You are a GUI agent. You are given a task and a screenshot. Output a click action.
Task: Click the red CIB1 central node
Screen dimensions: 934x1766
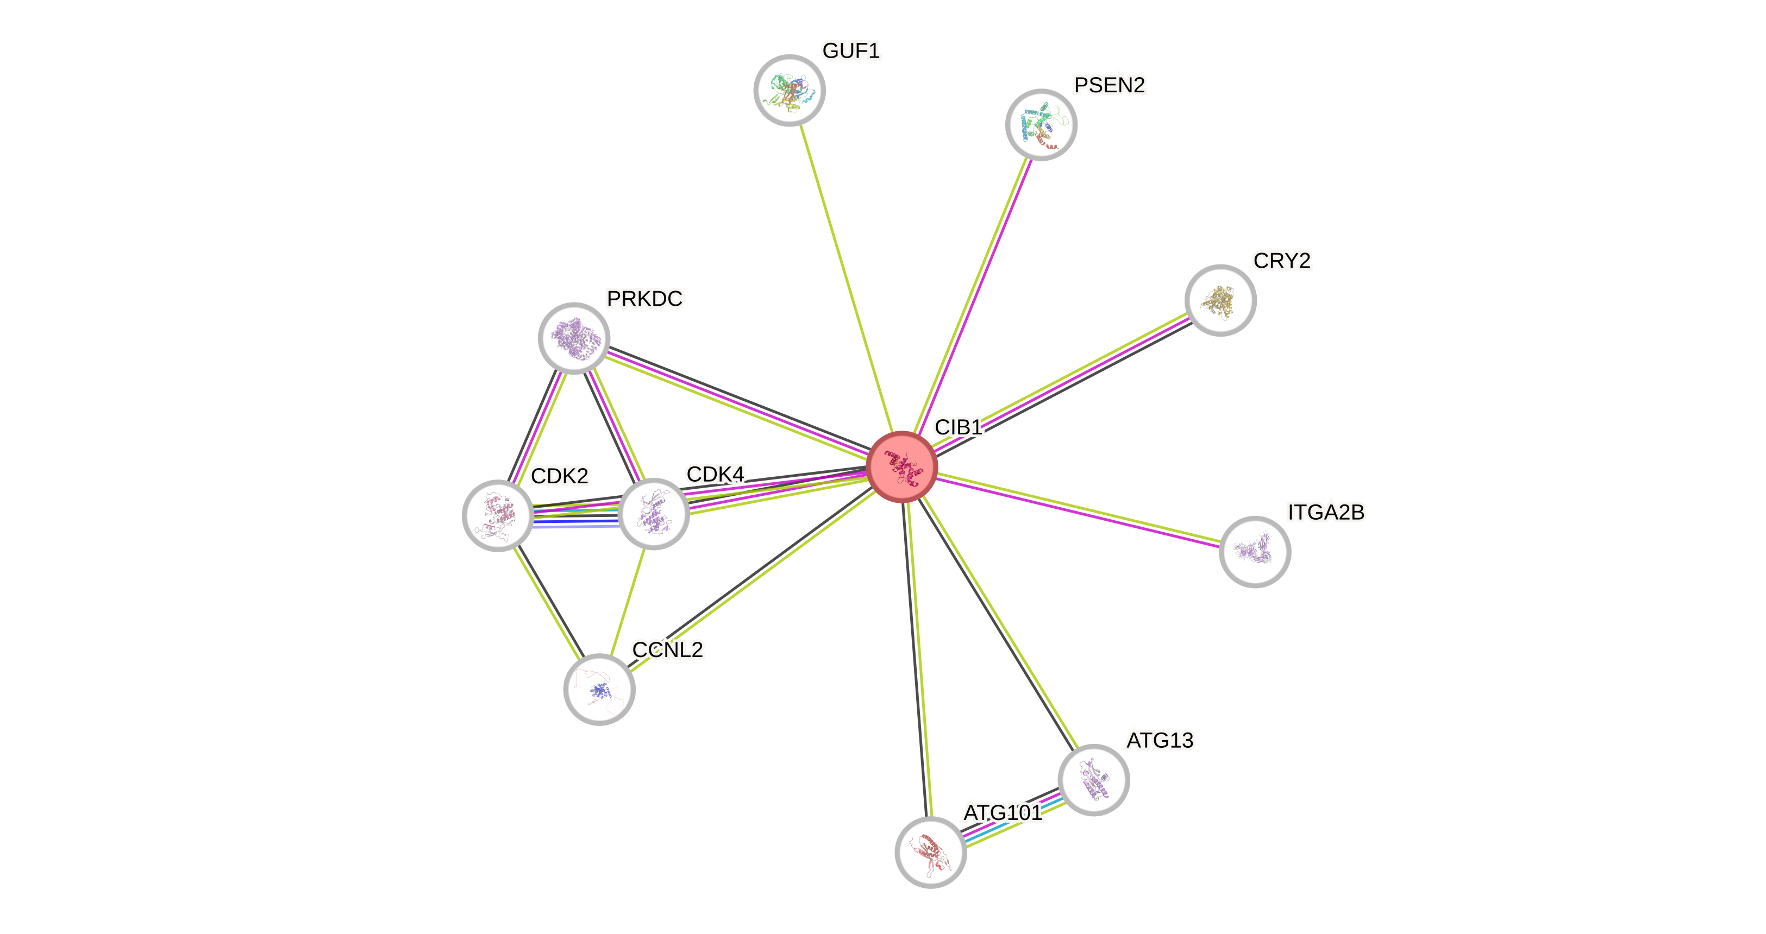(901, 466)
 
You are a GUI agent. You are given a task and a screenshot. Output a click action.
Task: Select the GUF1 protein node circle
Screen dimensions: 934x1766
(789, 91)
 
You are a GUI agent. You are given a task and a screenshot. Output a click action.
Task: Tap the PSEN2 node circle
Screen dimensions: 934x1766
(1041, 125)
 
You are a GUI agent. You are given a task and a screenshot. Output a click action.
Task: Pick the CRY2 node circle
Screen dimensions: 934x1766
(1220, 300)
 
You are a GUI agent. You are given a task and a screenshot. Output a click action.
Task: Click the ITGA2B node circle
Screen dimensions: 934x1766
(1255, 552)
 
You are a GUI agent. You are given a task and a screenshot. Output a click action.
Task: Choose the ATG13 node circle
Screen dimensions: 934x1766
(1093, 780)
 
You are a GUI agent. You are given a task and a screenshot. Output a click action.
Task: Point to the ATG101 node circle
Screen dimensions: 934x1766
(930, 852)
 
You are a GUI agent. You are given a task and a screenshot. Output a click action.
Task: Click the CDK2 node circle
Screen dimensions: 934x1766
(498, 516)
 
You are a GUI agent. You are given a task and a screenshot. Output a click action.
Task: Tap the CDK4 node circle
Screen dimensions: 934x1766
(653, 514)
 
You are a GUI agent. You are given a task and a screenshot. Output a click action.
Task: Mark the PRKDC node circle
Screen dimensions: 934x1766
(574, 338)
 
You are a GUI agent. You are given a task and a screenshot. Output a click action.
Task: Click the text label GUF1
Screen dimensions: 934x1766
(851, 51)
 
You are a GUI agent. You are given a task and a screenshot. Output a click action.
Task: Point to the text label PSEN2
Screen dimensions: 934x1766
(1109, 85)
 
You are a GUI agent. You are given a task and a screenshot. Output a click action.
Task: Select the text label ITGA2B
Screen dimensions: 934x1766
(1326, 513)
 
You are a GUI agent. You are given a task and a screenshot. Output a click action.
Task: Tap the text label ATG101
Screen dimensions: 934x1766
(1003, 813)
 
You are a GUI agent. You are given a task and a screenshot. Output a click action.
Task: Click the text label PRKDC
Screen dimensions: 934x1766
(644, 299)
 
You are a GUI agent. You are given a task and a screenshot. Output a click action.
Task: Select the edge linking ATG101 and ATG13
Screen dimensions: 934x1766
(1012, 816)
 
